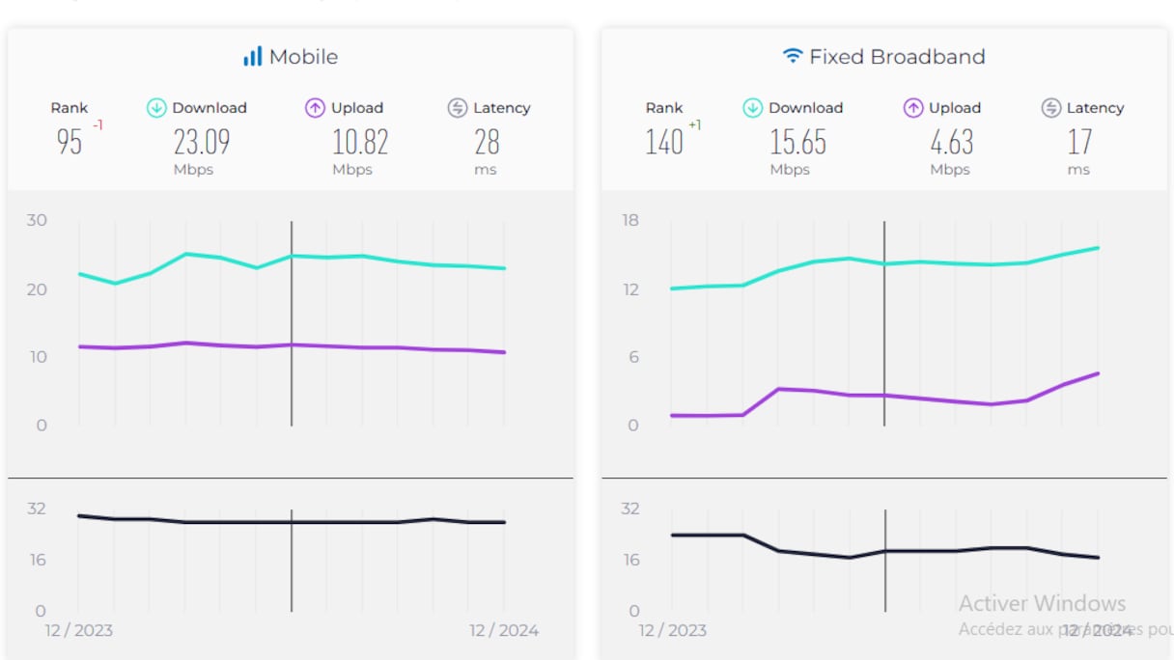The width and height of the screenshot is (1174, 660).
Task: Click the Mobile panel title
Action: tap(303, 57)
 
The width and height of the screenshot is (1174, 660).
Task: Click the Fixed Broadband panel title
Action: tap(897, 57)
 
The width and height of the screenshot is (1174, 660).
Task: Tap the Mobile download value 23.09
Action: tap(202, 143)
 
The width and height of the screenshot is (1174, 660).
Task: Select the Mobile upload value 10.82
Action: tap(360, 143)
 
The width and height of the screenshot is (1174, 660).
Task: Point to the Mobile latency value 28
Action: tap(487, 143)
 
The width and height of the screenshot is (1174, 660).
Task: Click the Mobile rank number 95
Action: tap(70, 143)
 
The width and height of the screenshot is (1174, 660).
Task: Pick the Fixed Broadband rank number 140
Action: tap(664, 143)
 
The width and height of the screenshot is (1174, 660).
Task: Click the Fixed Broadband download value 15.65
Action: tap(797, 143)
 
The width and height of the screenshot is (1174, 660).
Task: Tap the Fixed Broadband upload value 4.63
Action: tap(951, 143)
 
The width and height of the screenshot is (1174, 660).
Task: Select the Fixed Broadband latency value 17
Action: tap(1079, 143)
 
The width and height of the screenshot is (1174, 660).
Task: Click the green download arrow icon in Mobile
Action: tap(156, 108)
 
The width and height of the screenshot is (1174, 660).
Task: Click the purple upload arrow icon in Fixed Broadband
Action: tap(913, 108)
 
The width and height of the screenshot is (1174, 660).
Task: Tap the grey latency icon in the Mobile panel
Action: tap(458, 108)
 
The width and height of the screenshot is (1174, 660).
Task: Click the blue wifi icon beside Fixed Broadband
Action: tap(793, 56)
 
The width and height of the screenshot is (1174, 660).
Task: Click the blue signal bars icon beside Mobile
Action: tap(252, 57)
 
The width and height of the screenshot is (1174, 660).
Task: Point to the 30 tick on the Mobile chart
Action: tap(37, 220)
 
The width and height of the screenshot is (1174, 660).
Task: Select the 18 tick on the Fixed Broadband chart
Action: tap(630, 220)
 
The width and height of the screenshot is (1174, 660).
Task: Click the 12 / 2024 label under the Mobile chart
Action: tap(504, 631)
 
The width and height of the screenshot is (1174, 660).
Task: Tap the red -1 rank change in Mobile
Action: tap(98, 125)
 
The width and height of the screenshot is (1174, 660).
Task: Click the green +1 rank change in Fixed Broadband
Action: tap(695, 125)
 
